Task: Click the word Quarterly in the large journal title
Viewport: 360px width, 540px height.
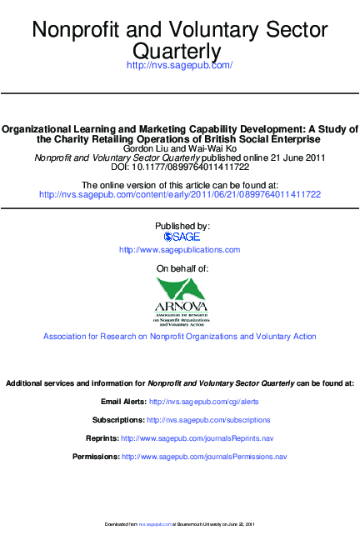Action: pyautogui.click(x=179, y=52)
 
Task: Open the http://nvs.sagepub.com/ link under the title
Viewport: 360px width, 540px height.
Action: pyautogui.click(x=179, y=65)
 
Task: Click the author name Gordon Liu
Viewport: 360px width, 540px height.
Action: pyautogui.click(x=145, y=148)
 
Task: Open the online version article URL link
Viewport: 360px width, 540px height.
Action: pyautogui.click(x=180, y=194)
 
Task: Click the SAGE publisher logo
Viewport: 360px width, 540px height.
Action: pyautogui.click(x=182, y=237)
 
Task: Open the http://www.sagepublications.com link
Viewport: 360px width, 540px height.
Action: pyautogui.click(x=180, y=250)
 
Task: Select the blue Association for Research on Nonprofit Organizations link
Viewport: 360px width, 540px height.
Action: pyautogui.click(x=180, y=337)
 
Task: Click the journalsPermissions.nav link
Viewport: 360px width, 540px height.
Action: pyautogui.click(x=204, y=457)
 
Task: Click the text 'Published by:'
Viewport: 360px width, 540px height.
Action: pyautogui.click(x=182, y=226)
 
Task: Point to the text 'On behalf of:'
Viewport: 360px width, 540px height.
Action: pyautogui.click(x=182, y=268)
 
